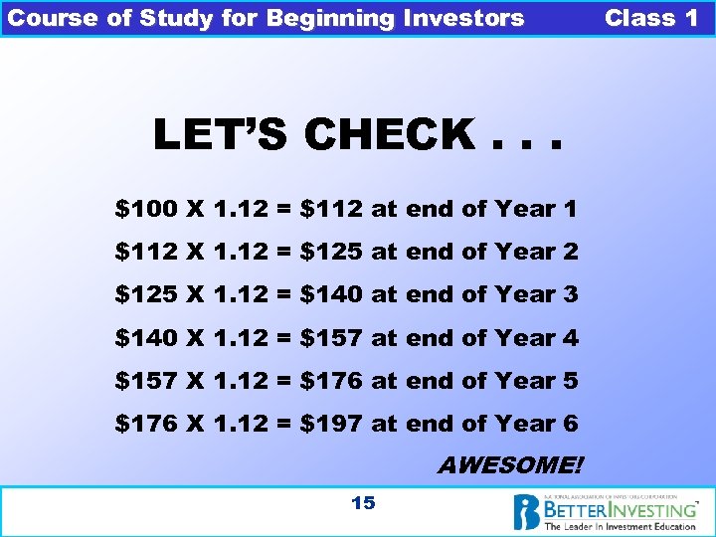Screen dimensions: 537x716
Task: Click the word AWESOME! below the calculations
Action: click(511, 465)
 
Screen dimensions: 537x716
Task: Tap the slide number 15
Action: click(363, 503)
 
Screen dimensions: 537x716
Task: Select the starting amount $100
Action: click(146, 209)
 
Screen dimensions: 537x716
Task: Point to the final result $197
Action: click(330, 424)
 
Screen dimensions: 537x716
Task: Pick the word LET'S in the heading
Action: click(224, 135)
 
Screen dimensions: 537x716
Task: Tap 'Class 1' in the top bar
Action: click(651, 18)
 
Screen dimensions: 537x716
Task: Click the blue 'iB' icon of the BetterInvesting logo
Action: click(527, 513)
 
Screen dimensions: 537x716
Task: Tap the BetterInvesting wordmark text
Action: click(619, 509)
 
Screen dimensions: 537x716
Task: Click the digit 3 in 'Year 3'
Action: click(570, 295)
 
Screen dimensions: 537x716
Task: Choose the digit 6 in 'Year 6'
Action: click(570, 424)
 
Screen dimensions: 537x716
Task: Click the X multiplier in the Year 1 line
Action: click(195, 209)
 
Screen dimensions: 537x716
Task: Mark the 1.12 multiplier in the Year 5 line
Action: click(240, 381)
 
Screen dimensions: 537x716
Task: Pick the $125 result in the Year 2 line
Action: click(330, 252)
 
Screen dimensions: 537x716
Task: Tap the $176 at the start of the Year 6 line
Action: click(146, 424)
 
